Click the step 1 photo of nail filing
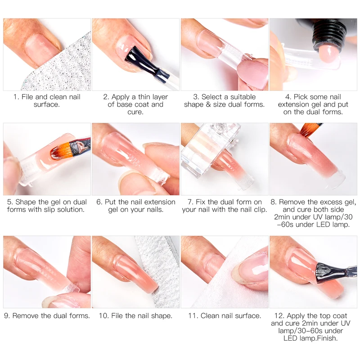47,54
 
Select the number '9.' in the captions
7,316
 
